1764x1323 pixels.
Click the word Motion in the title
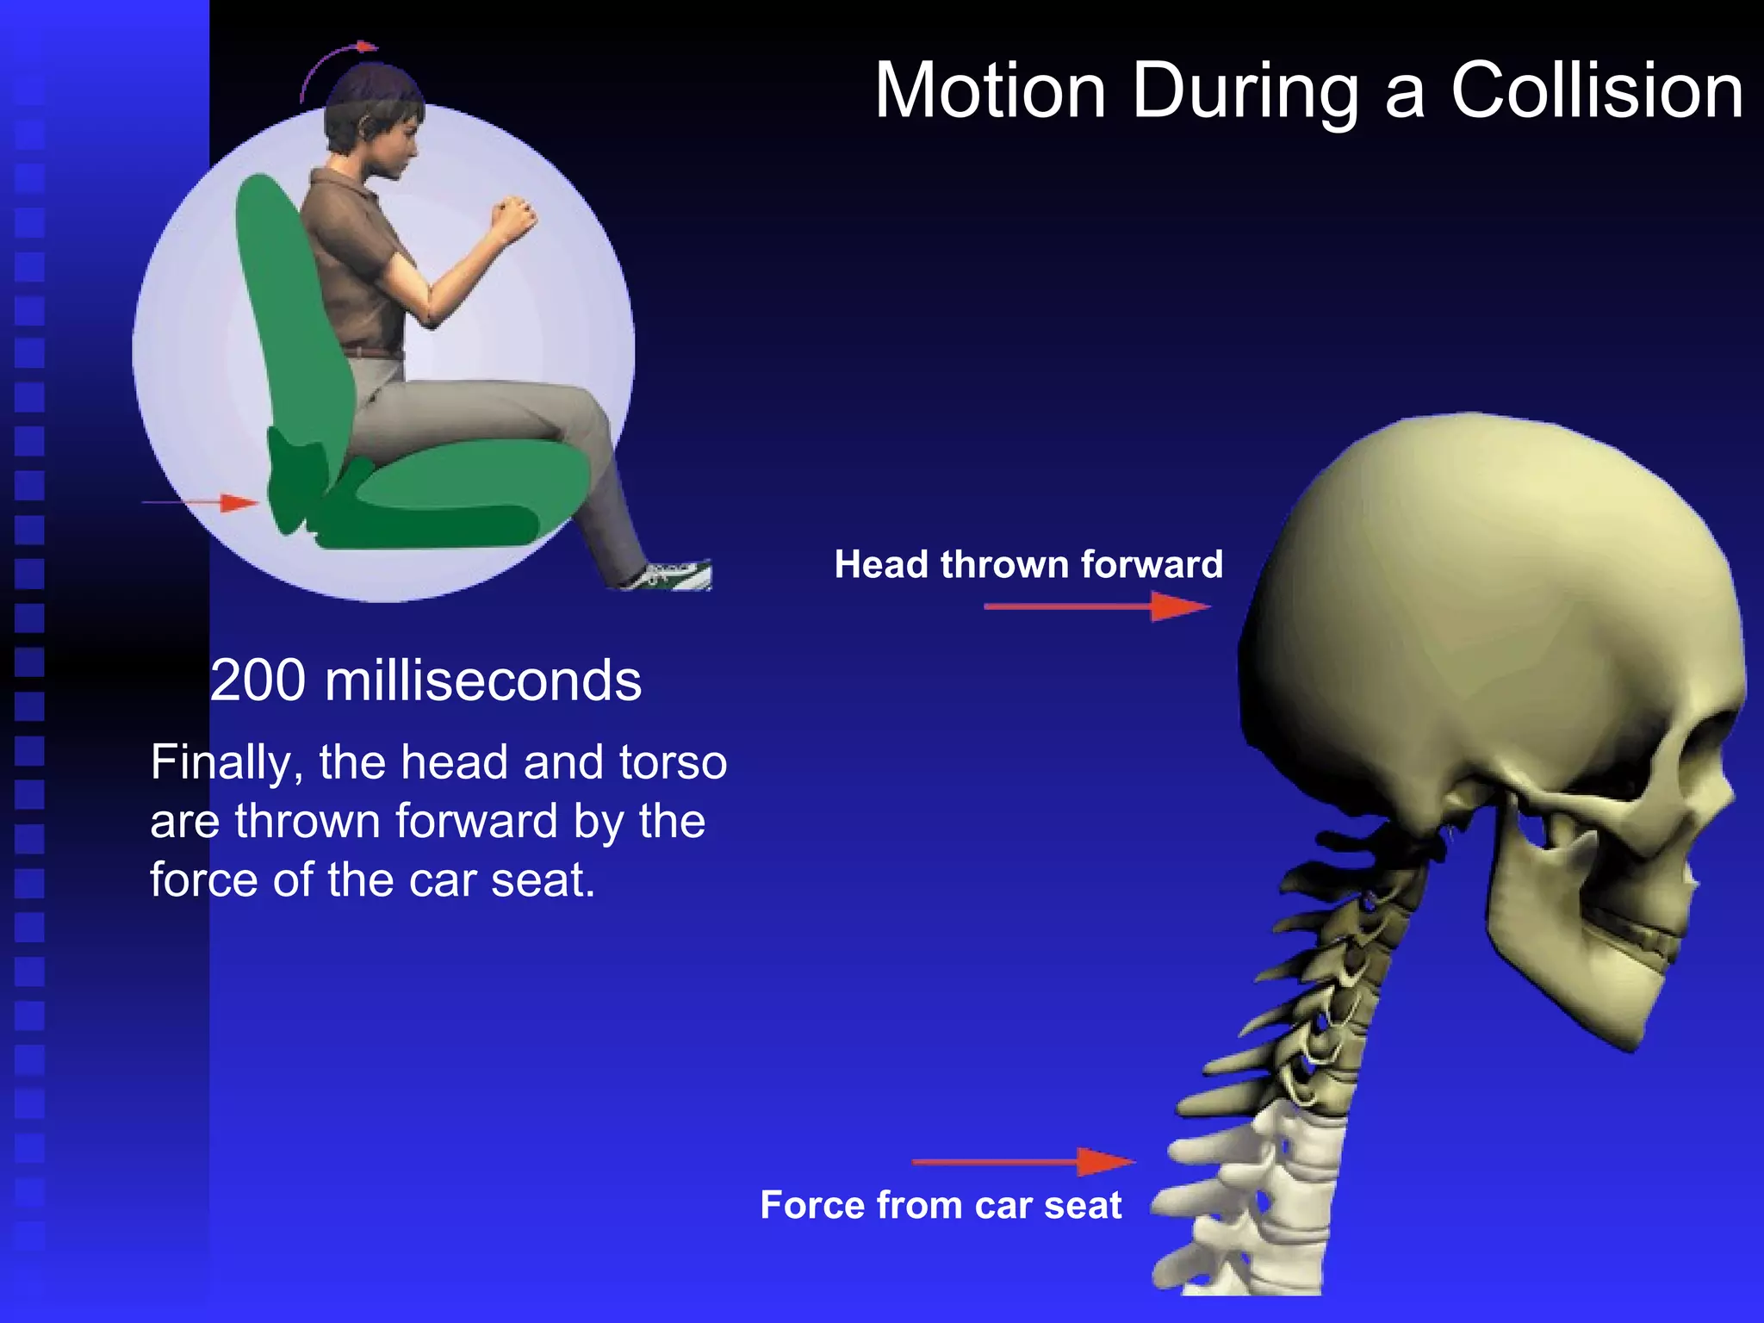tap(991, 91)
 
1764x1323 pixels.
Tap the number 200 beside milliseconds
tap(258, 680)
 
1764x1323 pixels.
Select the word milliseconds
tap(482, 680)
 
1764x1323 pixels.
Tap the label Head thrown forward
tap(1028, 565)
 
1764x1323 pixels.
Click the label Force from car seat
tap(941, 1205)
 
